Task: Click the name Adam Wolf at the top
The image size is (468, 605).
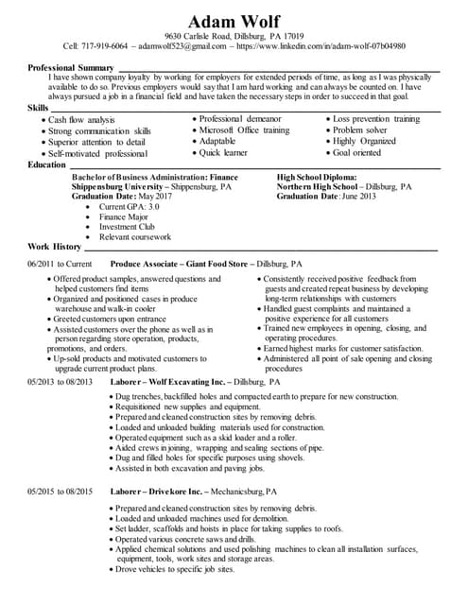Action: point(234,21)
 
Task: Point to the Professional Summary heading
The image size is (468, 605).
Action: point(71,68)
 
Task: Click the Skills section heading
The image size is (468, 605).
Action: point(39,109)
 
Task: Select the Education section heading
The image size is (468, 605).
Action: point(46,164)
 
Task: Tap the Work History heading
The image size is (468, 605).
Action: point(55,247)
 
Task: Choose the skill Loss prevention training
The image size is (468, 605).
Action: point(375,119)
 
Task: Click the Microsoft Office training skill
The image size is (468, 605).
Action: point(244,130)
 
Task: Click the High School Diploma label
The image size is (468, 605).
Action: point(317,176)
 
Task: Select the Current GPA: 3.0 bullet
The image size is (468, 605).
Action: point(130,206)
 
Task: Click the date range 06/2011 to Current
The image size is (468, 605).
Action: point(60,264)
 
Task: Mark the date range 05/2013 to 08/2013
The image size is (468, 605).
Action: point(61,381)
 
